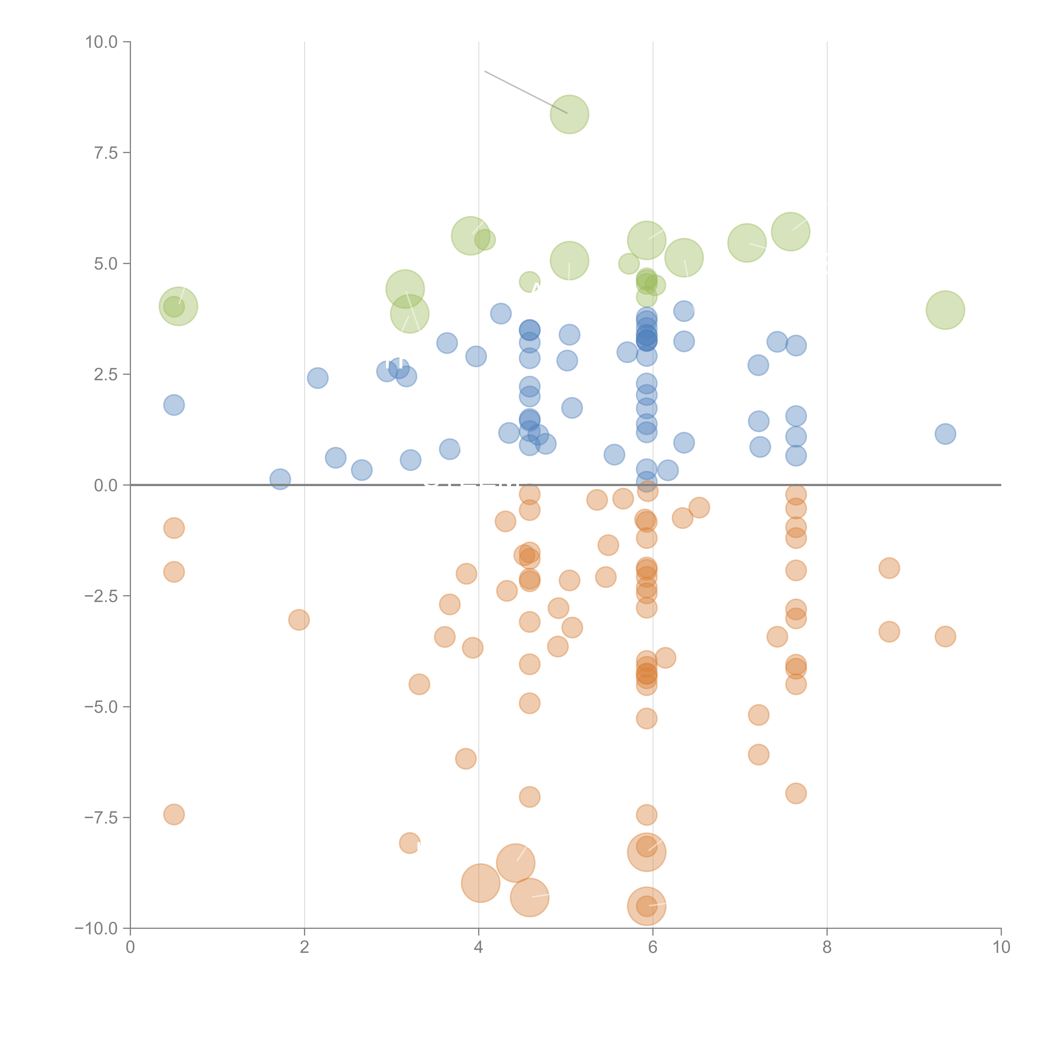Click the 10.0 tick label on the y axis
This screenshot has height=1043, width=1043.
pos(102,42)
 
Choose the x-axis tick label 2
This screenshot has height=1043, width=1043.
pos(305,947)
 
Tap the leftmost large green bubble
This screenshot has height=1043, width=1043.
pos(178,306)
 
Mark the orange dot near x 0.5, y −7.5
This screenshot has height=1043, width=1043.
pos(174,815)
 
